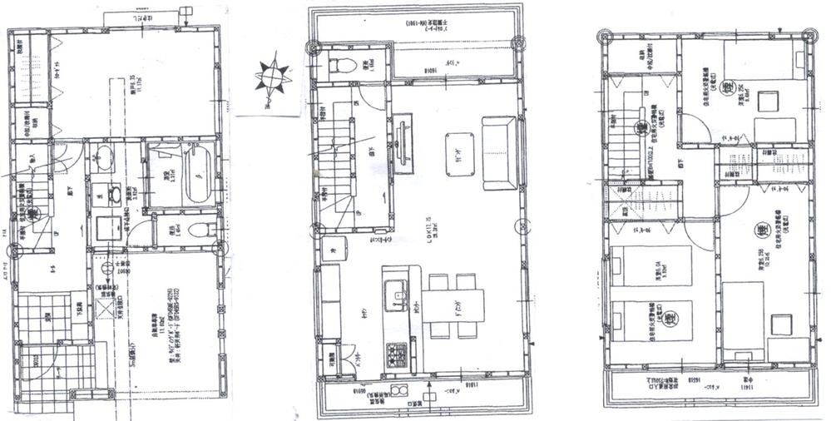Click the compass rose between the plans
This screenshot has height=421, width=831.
click(x=272, y=76)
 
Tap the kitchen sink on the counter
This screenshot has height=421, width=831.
click(x=394, y=292)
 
